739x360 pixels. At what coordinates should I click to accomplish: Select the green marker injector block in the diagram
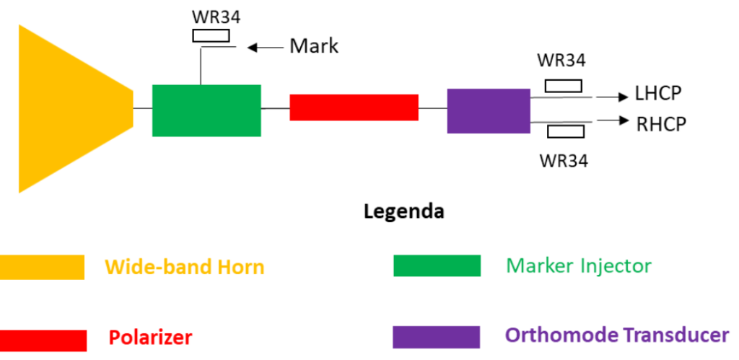point(206,110)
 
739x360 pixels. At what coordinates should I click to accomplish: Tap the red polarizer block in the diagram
point(354,107)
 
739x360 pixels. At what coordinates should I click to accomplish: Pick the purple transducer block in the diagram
point(489,111)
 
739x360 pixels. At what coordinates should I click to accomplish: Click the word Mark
point(314,47)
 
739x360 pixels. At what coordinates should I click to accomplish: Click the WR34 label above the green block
point(211,16)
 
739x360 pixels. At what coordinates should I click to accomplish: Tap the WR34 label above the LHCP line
point(562,61)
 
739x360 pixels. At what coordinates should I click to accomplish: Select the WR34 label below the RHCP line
point(564,160)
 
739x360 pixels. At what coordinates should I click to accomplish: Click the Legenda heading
point(403,212)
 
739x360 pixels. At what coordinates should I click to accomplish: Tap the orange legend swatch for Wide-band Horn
point(42,267)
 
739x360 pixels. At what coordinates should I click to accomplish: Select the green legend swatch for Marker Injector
point(437,265)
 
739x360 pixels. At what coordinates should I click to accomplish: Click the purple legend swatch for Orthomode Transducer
point(436,337)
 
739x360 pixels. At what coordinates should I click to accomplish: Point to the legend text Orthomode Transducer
point(617,335)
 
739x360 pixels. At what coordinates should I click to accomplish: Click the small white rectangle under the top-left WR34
point(211,35)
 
